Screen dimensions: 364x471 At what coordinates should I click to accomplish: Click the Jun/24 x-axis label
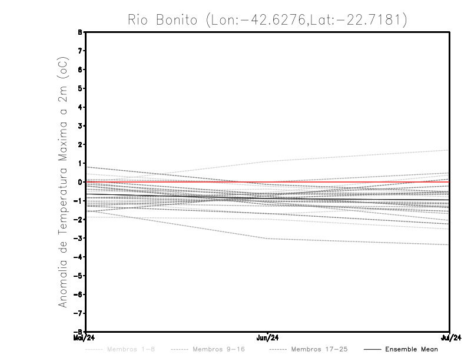tap(268, 337)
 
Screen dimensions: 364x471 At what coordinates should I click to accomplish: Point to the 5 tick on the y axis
tap(79, 88)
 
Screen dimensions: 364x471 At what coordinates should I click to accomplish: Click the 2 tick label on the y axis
tap(79, 144)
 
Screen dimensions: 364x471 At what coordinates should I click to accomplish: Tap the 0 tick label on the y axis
tap(79, 182)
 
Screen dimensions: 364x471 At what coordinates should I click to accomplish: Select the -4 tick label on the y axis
tap(78, 257)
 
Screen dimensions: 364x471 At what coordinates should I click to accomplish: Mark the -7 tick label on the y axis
tap(78, 313)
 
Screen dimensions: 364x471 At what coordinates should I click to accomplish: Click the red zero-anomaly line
tap(353, 182)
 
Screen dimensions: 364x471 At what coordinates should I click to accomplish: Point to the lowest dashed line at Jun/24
tap(268, 239)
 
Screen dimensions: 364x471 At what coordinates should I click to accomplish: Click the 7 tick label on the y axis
tap(79, 51)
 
